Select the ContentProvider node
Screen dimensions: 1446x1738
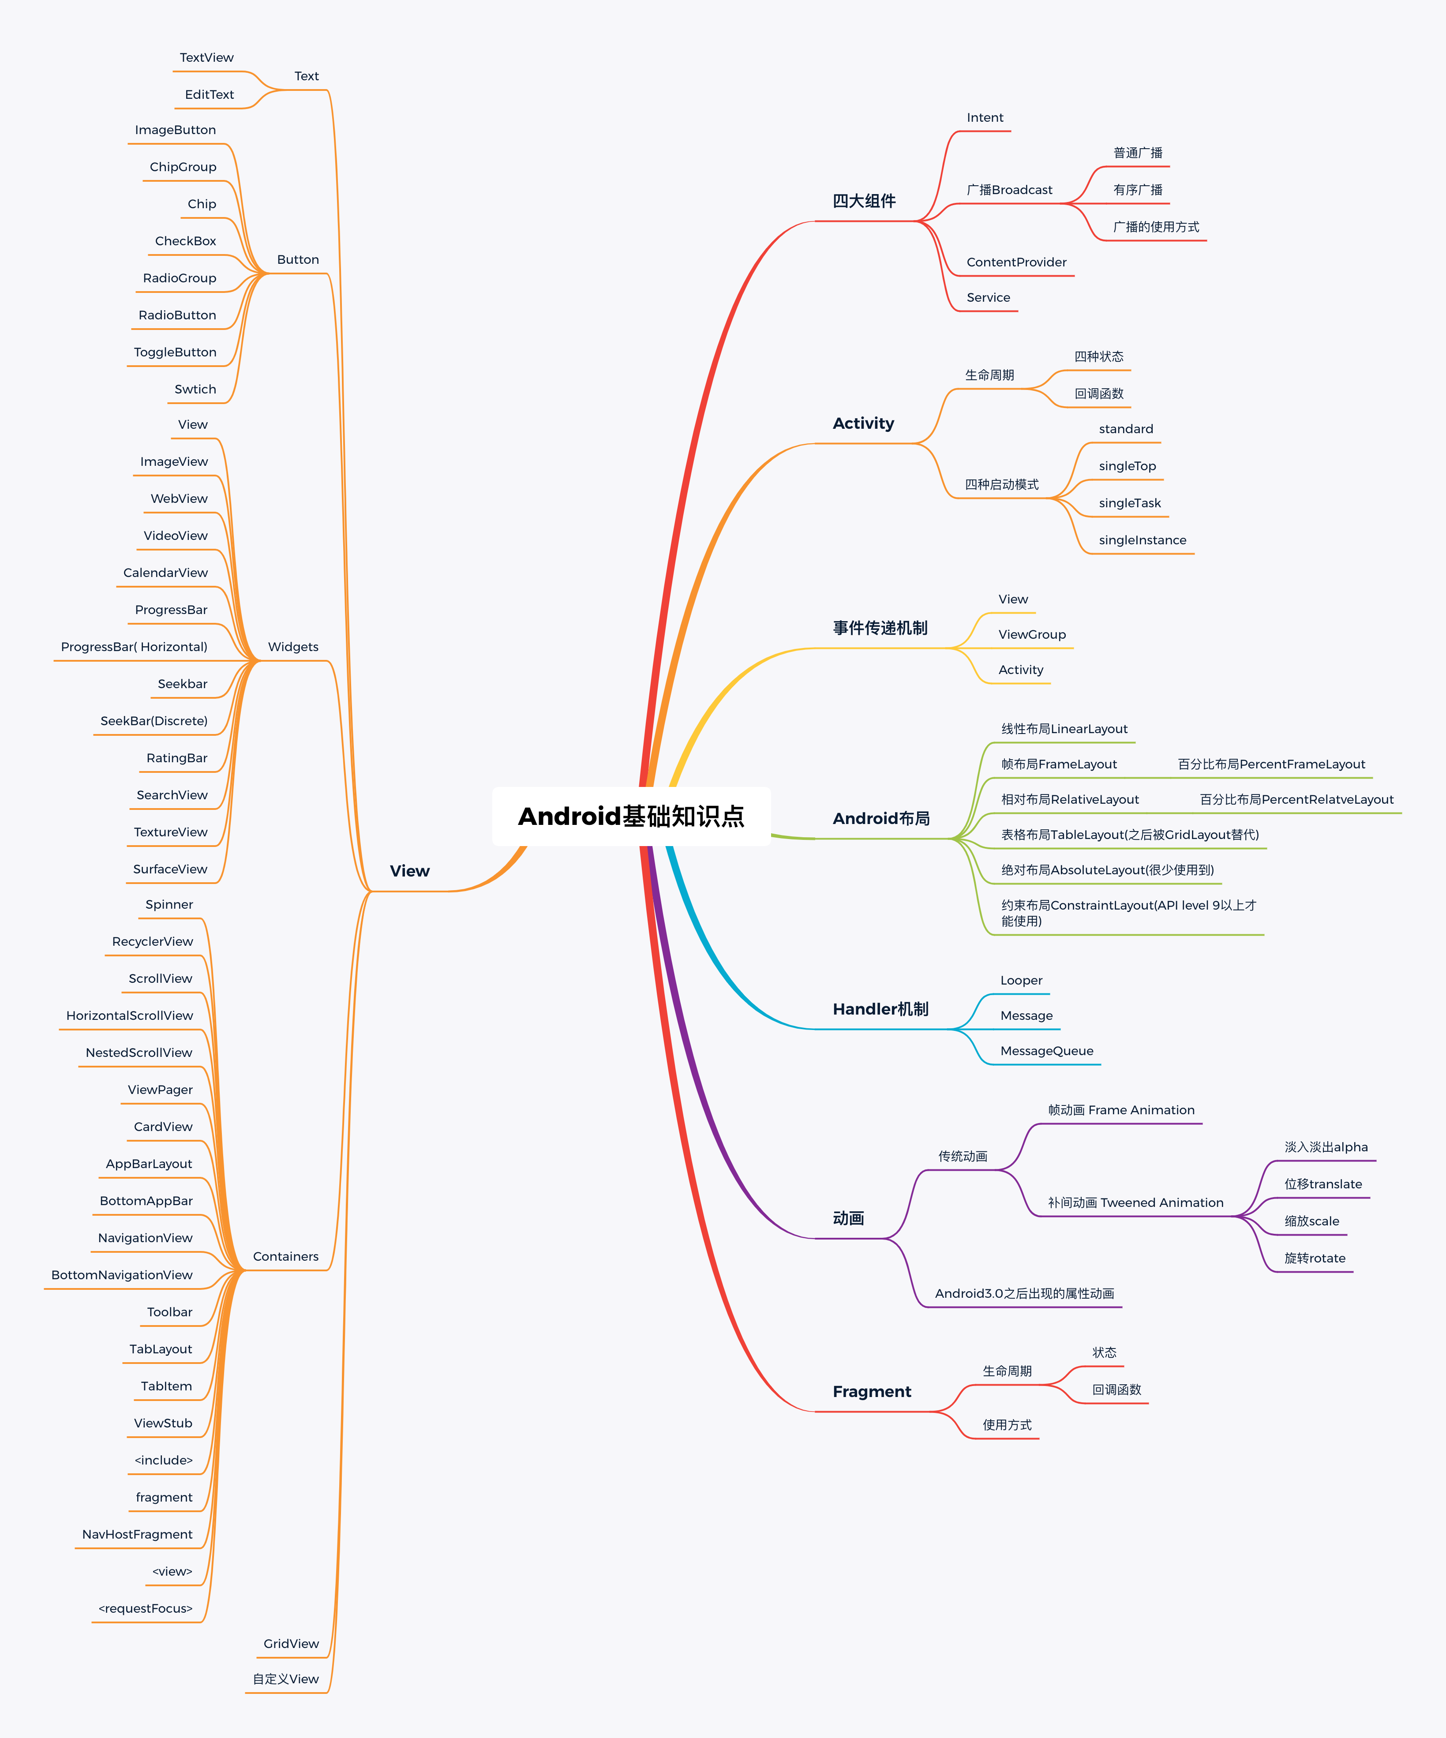[x=1016, y=262]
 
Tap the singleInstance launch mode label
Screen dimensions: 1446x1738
[x=1142, y=540]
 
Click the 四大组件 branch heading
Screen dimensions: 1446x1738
[x=864, y=201]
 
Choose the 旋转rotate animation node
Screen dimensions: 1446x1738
[x=1315, y=1258]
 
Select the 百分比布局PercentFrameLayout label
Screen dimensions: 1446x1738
[x=1271, y=764]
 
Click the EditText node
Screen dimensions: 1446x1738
[x=210, y=94]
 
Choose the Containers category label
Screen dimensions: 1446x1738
[x=285, y=1256]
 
